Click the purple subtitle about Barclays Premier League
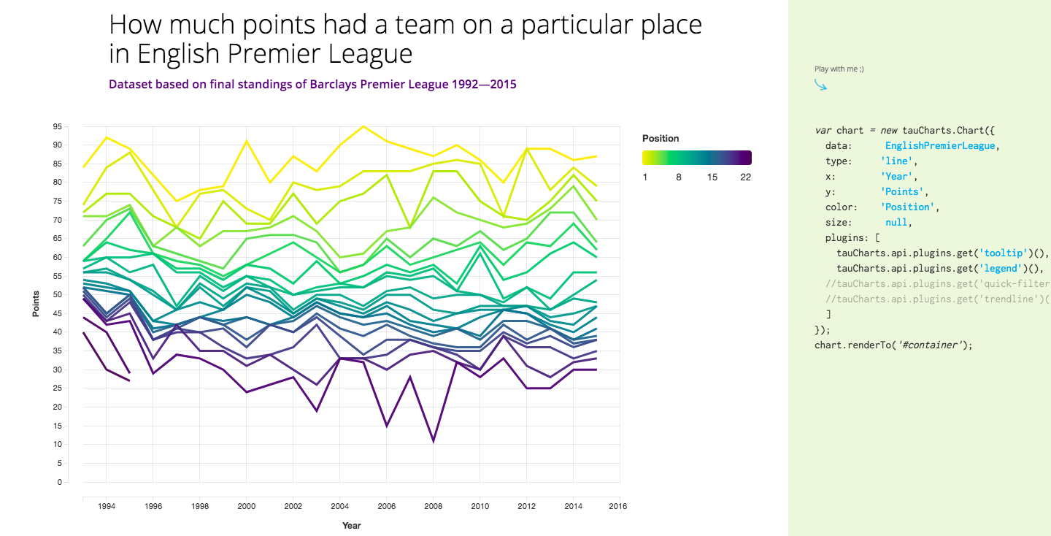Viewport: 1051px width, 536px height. (312, 84)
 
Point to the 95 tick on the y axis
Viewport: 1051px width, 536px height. (57, 126)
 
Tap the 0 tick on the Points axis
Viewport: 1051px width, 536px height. (60, 482)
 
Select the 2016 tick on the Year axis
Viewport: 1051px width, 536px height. (620, 505)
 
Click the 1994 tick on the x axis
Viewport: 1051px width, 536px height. (106, 505)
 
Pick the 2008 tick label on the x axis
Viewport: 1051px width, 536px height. (433, 505)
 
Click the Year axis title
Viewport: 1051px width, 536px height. (352, 525)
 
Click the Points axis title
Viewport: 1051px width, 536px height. (36, 304)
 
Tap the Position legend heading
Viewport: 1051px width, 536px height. (661, 138)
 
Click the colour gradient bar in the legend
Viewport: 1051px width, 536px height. (696, 158)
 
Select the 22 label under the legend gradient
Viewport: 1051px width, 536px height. (745, 177)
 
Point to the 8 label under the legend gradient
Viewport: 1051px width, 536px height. (679, 177)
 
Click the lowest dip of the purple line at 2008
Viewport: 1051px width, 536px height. (433, 441)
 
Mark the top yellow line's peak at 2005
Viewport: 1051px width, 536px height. (363, 126)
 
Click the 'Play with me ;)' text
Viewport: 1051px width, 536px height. (839, 69)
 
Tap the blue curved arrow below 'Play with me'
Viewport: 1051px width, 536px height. (821, 85)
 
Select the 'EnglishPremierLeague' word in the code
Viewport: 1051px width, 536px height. (940, 145)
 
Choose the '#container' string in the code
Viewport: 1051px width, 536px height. (932, 345)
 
